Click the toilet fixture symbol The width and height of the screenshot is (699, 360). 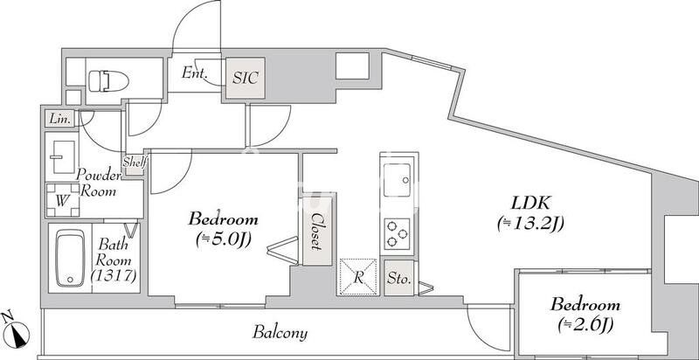pyautogui.click(x=108, y=81)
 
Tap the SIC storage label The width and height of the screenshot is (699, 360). pyautogui.click(x=246, y=78)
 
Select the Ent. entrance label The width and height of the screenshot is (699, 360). pyautogui.click(x=194, y=73)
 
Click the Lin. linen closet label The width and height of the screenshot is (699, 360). pyautogui.click(x=59, y=119)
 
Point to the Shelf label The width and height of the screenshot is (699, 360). pyautogui.click(x=135, y=162)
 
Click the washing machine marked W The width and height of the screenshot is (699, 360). pyautogui.click(x=62, y=200)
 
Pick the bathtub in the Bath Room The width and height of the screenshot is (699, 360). pyautogui.click(x=71, y=258)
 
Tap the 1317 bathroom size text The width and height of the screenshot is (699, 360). pyautogui.click(x=114, y=276)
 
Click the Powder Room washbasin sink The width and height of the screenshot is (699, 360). pyautogui.click(x=62, y=156)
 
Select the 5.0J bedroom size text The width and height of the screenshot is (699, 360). pyautogui.click(x=223, y=240)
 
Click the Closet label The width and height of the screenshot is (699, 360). pyautogui.click(x=317, y=231)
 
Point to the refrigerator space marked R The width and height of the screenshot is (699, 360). pyautogui.click(x=358, y=277)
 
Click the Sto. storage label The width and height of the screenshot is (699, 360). pyautogui.click(x=398, y=280)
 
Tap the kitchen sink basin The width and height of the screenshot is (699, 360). pyautogui.click(x=397, y=180)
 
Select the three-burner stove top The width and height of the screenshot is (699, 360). pyautogui.click(x=397, y=233)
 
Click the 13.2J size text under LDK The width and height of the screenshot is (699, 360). pyautogui.click(x=530, y=225)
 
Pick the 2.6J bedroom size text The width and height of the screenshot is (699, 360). pyautogui.click(x=585, y=326)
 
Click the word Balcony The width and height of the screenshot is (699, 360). pyautogui.click(x=280, y=333)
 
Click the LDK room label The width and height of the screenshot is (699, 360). pyautogui.click(x=531, y=204)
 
